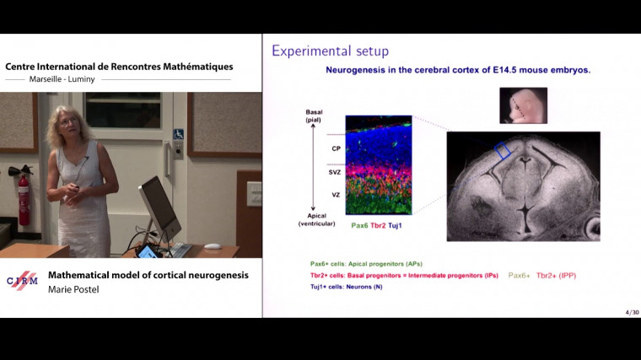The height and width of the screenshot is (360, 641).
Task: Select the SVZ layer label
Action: coord(335,173)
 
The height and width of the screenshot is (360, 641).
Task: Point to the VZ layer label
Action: coord(335,195)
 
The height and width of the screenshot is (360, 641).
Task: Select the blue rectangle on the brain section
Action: coord(502,150)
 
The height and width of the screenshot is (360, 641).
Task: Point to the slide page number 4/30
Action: coord(632,312)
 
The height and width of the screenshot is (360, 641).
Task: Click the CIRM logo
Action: coord(22,281)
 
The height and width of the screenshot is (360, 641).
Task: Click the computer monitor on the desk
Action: coord(160,207)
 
